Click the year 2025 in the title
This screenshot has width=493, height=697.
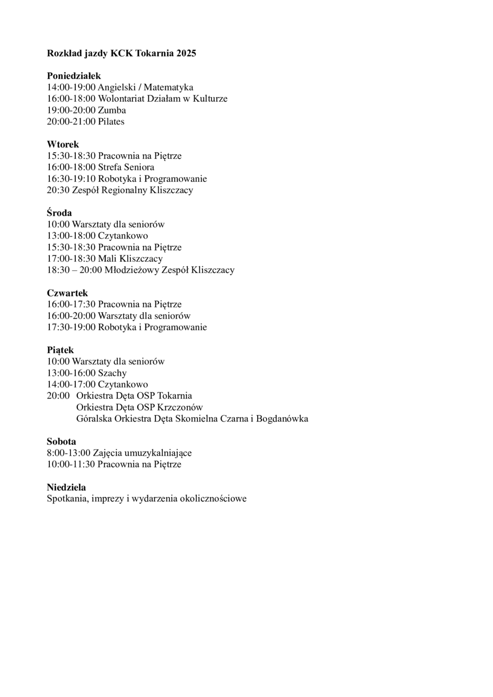tap(187, 53)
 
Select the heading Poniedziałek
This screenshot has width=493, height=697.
tap(74, 76)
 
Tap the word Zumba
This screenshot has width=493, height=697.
tap(112, 110)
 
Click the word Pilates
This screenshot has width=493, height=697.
tap(111, 121)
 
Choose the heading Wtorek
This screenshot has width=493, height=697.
tap(63, 144)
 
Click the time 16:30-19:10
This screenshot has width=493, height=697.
tap(71, 179)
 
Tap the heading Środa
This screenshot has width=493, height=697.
tap(59, 213)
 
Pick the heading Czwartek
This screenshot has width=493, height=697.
tap(67, 293)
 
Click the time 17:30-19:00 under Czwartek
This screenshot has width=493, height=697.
tap(71, 327)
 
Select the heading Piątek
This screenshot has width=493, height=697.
tap(60, 350)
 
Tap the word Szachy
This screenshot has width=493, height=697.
tap(112, 373)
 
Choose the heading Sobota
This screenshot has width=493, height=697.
tap(61, 441)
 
